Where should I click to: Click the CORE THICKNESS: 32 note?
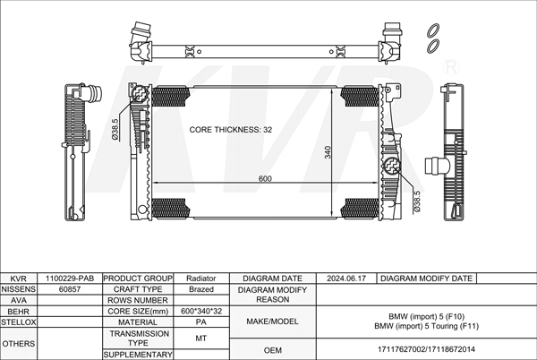231,130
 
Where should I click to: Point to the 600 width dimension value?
265,178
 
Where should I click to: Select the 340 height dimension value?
328,152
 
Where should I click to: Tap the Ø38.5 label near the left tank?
115,129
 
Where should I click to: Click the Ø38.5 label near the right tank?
417,201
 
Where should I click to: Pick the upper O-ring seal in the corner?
433,30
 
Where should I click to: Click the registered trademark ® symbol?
451,67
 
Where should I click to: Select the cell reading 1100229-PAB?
70,279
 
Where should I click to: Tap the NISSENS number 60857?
70,289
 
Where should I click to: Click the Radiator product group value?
201,279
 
